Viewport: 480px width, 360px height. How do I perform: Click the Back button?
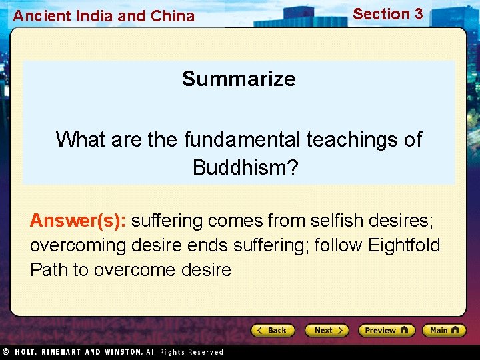(x=273, y=330)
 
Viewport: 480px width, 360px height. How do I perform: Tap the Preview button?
(x=386, y=330)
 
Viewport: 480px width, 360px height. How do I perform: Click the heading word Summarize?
(x=239, y=79)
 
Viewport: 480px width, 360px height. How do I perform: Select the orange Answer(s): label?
(x=78, y=220)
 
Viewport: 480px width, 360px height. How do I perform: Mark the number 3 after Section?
(x=418, y=14)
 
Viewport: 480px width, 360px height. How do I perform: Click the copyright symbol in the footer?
(x=5, y=352)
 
